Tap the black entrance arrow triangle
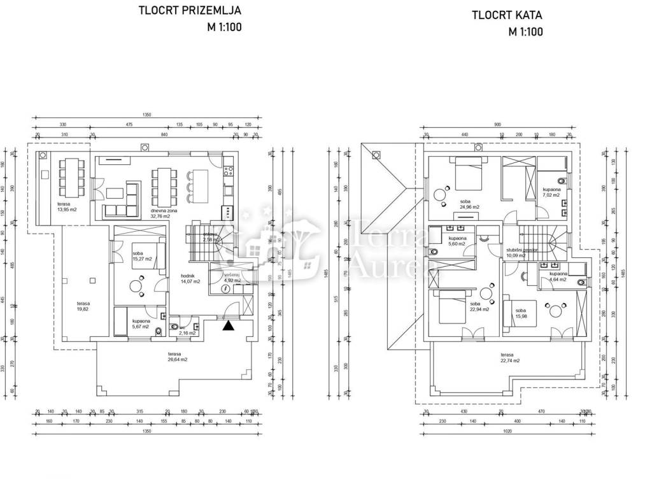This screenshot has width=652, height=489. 228,327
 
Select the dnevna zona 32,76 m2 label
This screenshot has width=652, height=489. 164,213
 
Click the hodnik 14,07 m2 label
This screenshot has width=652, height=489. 190,278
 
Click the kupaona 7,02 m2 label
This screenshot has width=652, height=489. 551,193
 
